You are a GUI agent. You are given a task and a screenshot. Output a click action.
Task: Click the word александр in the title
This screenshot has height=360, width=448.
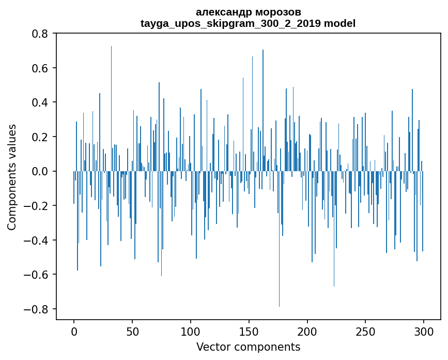coord(222,12)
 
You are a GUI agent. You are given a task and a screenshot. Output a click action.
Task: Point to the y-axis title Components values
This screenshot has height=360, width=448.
coord(12,177)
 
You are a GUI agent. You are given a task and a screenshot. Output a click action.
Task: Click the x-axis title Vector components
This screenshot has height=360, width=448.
coord(248,347)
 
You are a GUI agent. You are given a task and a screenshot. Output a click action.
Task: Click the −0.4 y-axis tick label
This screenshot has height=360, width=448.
coord(37,241)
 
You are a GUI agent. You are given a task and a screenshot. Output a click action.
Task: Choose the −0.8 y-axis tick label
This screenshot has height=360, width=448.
coord(37,309)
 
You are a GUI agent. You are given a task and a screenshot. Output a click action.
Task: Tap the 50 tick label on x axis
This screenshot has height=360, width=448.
coord(132,331)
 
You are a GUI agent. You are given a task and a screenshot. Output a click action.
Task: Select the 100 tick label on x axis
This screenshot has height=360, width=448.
coord(191,331)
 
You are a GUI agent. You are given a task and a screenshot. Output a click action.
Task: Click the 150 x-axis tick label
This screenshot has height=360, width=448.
coord(249,331)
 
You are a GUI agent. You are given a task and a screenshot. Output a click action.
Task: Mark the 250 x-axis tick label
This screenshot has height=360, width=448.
coord(365,331)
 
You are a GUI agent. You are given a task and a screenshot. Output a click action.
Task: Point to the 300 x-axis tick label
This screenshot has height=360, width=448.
coord(424,331)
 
